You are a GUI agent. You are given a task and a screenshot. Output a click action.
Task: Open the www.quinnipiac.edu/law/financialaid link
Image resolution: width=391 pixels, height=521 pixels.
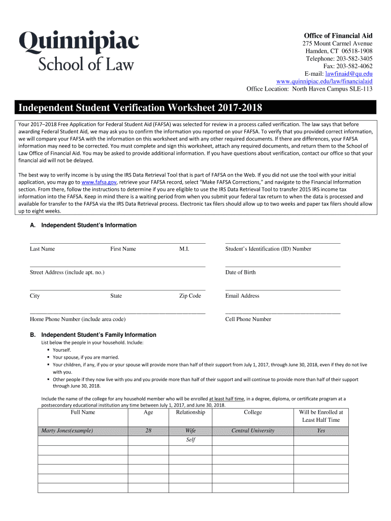click(x=324, y=81)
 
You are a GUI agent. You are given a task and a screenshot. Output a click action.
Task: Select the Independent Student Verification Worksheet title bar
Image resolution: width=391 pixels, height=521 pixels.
click(x=195, y=108)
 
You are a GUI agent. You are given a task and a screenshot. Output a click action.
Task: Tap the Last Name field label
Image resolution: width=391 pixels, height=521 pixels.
click(x=42, y=249)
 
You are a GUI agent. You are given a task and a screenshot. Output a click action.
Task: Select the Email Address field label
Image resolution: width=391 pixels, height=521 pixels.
click(x=242, y=296)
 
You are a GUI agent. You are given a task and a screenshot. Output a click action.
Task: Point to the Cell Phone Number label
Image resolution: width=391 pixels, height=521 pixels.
click(x=248, y=319)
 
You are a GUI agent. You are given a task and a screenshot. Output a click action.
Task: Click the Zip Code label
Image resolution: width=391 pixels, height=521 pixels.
click(x=190, y=296)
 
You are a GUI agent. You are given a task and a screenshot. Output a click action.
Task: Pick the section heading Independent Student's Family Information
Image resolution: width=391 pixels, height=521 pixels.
click(x=99, y=335)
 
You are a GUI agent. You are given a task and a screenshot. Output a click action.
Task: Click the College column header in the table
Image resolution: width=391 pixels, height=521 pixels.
click(x=253, y=412)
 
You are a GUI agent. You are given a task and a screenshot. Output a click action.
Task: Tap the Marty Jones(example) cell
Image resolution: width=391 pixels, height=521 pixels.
click(x=67, y=430)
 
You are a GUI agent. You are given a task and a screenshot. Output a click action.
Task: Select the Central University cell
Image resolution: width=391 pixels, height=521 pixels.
click(x=253, y=430)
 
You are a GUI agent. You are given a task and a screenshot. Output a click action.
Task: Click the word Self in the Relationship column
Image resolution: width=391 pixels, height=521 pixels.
click(x=190, y=440)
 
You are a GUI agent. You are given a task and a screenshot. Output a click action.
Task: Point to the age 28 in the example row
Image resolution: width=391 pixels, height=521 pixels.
click(x=148, y=430)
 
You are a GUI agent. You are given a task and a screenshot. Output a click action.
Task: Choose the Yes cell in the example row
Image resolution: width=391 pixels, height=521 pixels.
click(x=321, y=430)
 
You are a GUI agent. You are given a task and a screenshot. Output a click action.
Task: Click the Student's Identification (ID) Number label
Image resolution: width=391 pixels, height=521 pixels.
click(x=268, y=249)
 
